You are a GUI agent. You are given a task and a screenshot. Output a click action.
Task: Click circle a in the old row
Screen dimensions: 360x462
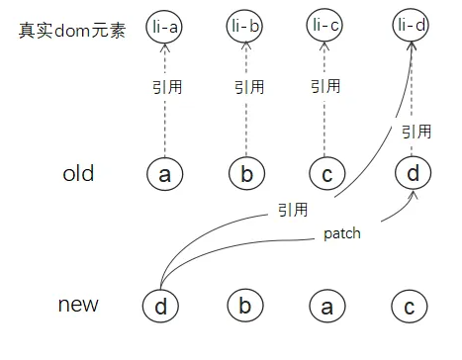point(164,174)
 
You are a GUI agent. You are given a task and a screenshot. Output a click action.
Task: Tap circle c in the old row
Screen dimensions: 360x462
point(325,174)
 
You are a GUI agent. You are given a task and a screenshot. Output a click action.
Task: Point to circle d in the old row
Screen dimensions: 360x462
point(413,174)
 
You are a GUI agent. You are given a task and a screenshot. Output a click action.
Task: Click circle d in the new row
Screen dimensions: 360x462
point(160,305)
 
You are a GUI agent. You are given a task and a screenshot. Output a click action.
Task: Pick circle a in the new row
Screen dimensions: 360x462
point(325,305)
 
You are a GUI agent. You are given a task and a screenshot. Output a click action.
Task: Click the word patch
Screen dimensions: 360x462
point(341,235)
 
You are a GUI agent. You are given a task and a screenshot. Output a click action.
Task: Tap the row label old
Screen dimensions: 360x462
point(78,174)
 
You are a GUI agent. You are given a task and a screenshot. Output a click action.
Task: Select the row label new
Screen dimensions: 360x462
point(78,304)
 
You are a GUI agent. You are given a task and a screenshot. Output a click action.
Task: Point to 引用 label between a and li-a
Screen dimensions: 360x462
point(164,87)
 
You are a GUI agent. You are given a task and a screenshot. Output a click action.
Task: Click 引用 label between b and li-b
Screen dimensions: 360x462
point(248,87)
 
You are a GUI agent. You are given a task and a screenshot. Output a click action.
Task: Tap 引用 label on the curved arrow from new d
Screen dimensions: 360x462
point(293,210)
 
